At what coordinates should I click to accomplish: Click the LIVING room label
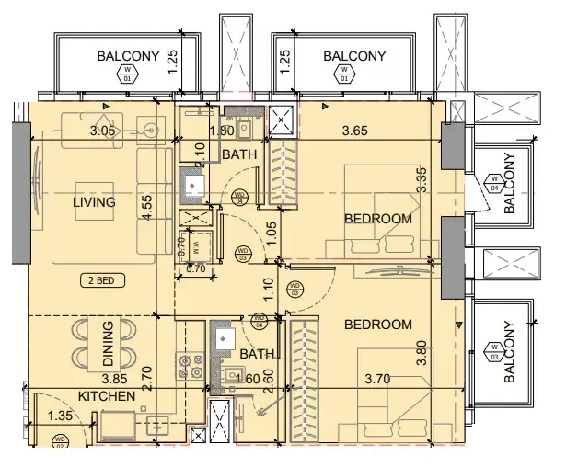coord(95,202)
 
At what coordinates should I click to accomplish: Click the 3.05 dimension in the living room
coord(103,131)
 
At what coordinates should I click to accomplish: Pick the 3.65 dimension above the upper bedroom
coord(354,131)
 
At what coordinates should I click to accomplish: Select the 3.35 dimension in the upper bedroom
coord(422,177)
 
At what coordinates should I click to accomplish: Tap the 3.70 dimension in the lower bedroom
coord(379,378)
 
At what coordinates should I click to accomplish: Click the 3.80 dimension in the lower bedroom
coord(422,356)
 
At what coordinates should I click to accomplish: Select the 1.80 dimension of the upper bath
coord(222,131)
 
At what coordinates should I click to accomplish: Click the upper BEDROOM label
coord(376,218)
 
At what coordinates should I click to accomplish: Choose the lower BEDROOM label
coord(376,325)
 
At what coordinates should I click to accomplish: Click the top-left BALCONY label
coord(128,57)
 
